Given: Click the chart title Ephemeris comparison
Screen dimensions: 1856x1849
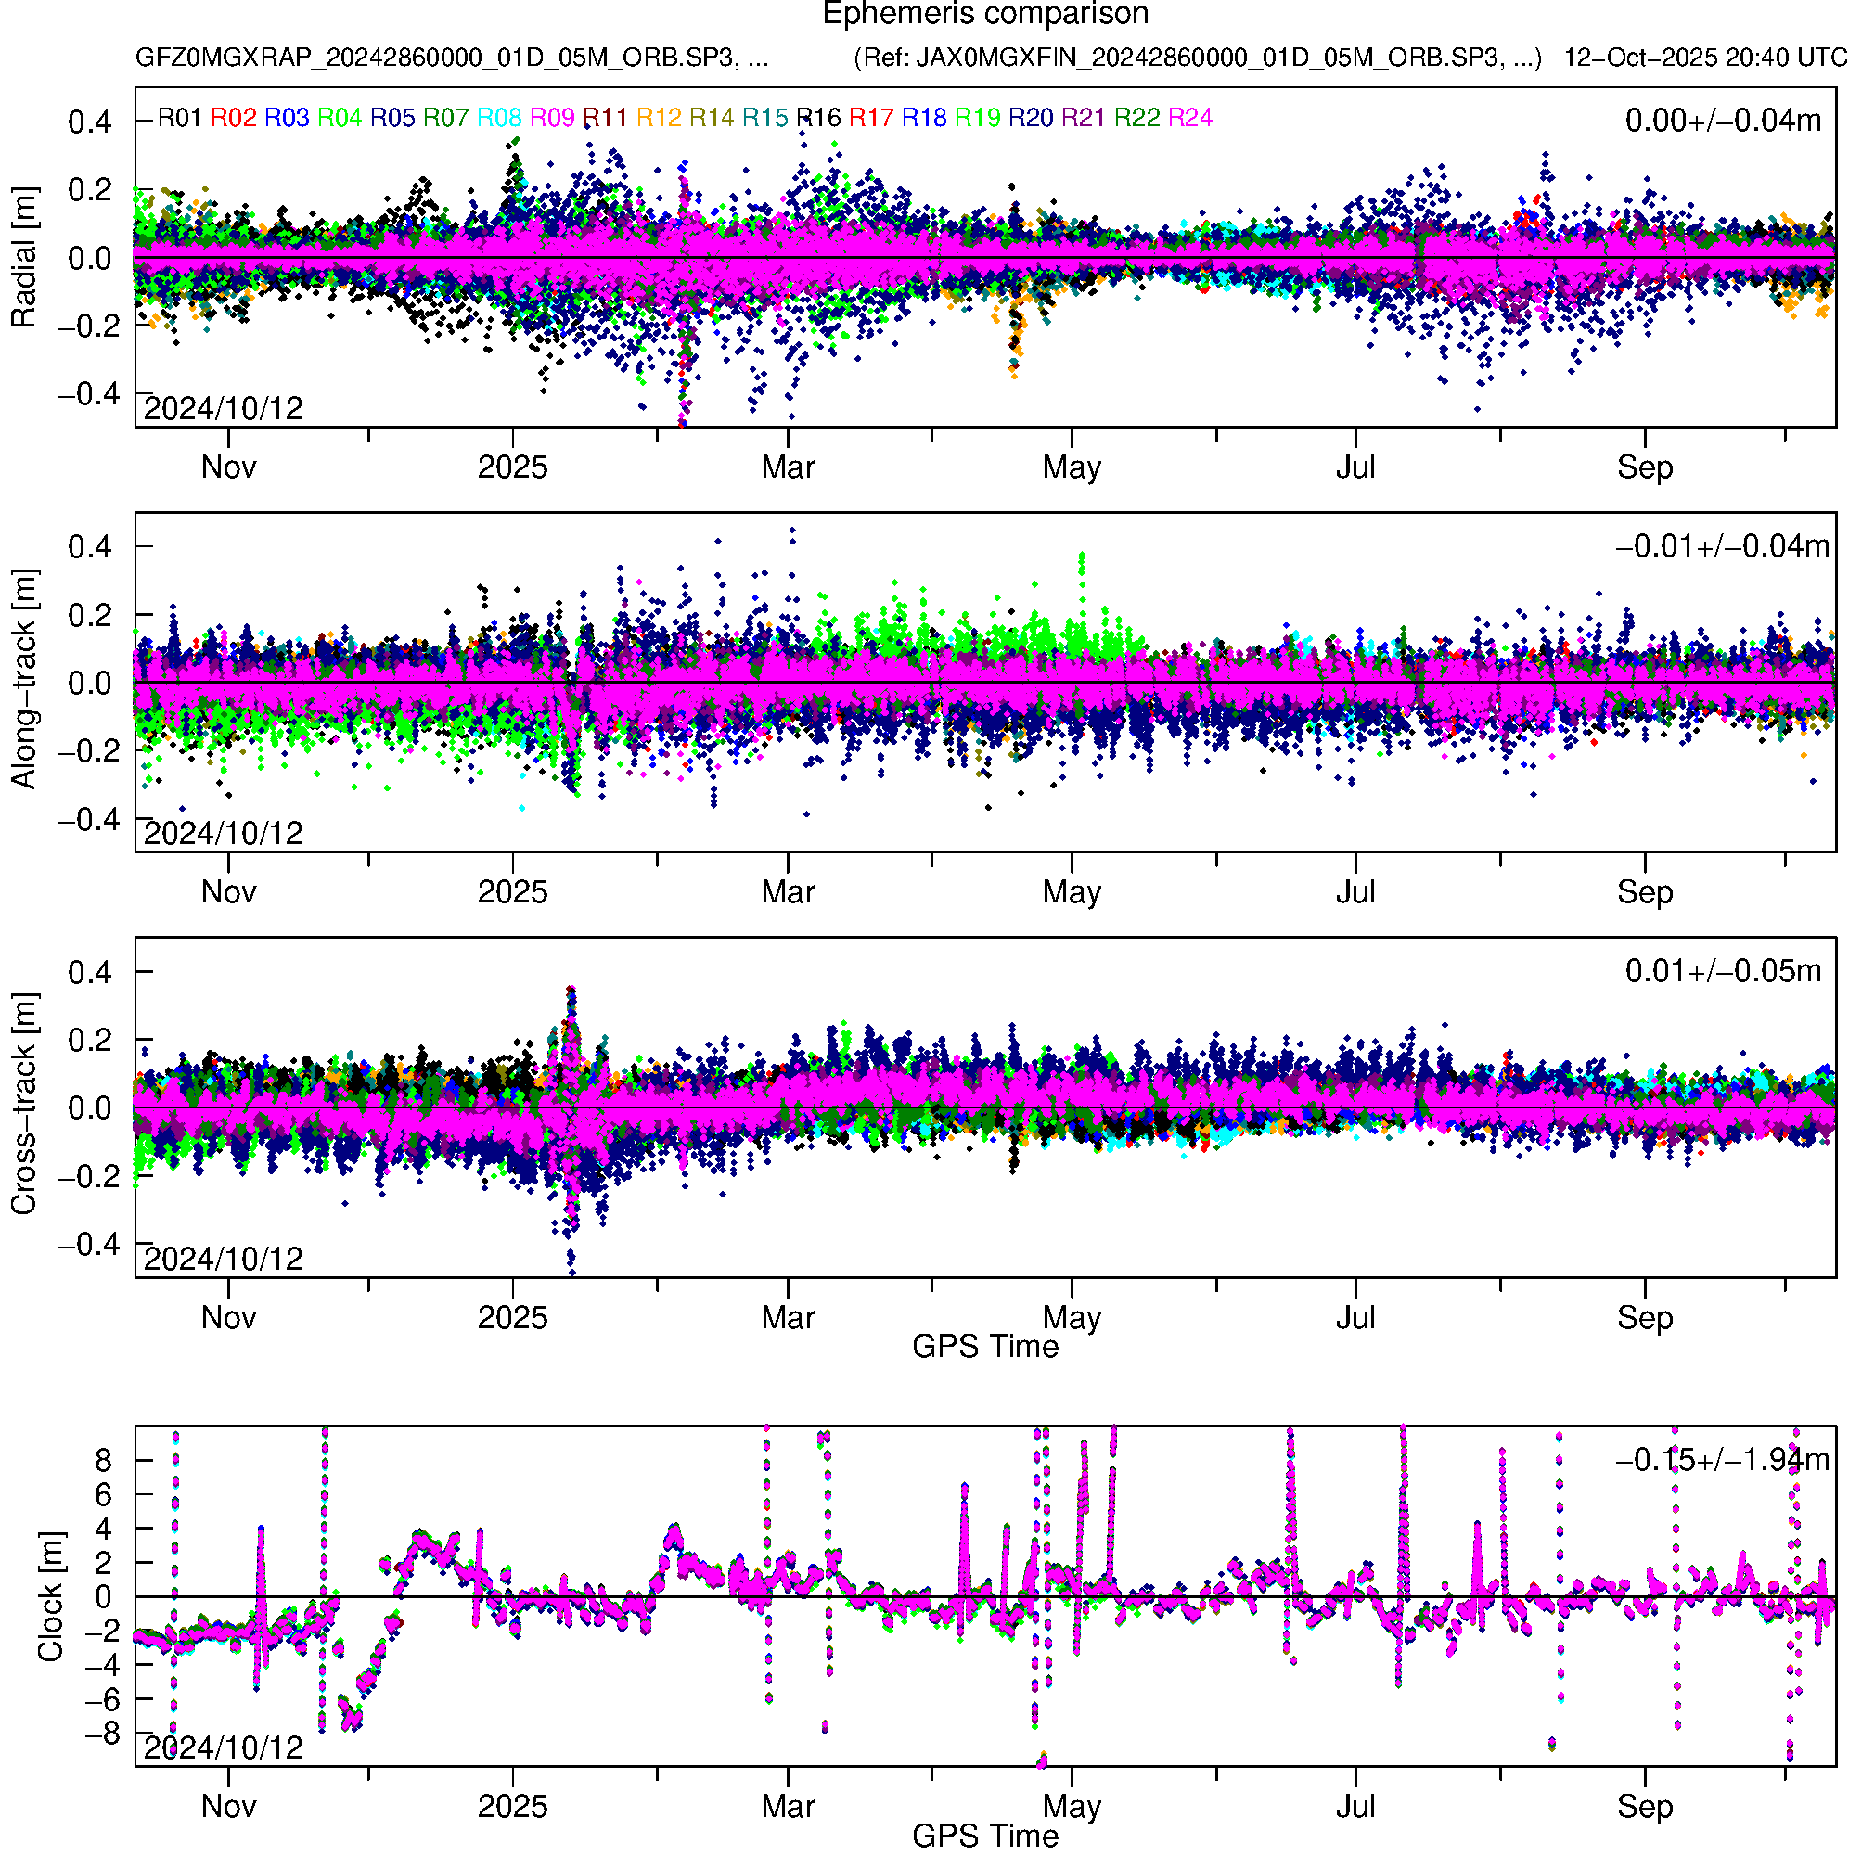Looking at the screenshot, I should [x=985, y=15].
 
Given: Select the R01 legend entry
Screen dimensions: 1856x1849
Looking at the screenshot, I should [x=180, y=118].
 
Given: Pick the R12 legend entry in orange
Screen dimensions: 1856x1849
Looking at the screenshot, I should [x=659, y=118].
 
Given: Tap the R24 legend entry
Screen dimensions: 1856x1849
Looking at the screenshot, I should [x=1189, y=118].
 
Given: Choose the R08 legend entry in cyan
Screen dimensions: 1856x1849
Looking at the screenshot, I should [x=499, y=118].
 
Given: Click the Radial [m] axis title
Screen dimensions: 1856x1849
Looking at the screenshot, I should [x=23, y=258].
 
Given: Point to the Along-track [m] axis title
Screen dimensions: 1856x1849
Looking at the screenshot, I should [x=23, y=680].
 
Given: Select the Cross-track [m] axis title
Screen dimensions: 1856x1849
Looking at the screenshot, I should [x=23, y=1105].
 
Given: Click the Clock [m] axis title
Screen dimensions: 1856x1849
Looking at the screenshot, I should [x=50, y=1596].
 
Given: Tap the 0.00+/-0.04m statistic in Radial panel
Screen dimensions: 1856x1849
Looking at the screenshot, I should [x=1723, y=121].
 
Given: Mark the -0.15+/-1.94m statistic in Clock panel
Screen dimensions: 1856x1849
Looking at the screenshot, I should [x=1722, y=1460].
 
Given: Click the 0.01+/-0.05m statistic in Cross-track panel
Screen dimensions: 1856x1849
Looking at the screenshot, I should [x=1723, y=971].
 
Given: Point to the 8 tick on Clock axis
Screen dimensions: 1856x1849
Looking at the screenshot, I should [x=103, y=1461].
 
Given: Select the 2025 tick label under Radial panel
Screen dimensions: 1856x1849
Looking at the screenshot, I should [x=512, y=467].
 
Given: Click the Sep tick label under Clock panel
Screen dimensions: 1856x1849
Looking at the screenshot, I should [x=1644, y=1807].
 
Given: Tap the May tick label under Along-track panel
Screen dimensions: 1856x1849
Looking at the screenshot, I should [x=1072, y=892].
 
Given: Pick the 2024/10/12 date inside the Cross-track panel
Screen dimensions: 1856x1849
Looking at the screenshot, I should [x=223, y=1259].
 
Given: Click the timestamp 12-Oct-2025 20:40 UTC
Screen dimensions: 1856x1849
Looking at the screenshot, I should [x=1704, y=58].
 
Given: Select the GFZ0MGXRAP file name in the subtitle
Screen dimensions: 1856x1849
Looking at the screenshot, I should [x=452, y=58].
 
